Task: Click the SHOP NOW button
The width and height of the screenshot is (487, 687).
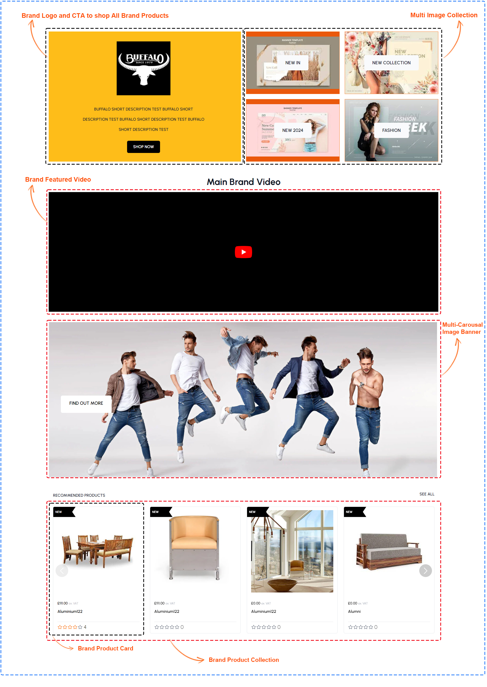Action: coord(143,147)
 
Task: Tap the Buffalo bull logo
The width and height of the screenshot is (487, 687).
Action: coord(143,68)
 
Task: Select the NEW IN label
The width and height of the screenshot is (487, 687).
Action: coord(292,63)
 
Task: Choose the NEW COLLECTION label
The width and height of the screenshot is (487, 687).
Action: coord(391,63)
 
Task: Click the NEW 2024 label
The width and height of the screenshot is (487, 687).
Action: coord(292,130)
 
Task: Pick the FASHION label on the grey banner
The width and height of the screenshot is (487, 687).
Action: coord(391,130)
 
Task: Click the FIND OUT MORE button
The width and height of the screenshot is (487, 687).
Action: coord(86,403)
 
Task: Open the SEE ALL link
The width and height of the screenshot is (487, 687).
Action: coord(426,494)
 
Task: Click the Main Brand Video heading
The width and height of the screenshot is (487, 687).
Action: coord(243,182)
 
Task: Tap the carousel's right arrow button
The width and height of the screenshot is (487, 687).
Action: coord(425,571)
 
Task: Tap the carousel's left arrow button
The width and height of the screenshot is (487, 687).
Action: coord(62,571)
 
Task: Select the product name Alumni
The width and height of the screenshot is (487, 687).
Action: coord(354,612)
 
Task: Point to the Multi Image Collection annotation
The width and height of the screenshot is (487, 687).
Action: coord(444,15)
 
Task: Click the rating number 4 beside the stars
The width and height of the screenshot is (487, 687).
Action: coord(85,627)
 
